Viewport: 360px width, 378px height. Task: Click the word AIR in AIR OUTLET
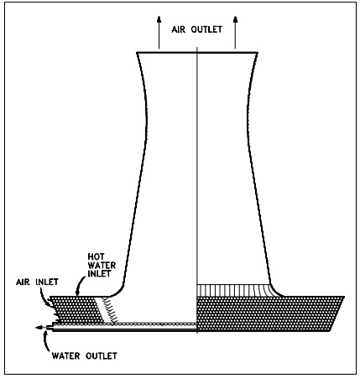point(179,29)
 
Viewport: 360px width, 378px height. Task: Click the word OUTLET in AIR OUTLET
point(206,29)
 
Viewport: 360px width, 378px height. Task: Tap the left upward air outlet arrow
point(159,32)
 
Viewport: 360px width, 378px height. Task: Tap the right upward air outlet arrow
point(235,32)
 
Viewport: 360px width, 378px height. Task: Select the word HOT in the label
point(96,256)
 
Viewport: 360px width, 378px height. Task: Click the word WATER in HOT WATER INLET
point(102,265)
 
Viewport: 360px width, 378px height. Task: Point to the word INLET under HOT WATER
point(99,273)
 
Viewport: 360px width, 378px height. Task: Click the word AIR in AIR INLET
point(23,282)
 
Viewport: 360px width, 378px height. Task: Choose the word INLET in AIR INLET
point(47,282)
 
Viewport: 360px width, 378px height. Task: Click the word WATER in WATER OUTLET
point(66,356)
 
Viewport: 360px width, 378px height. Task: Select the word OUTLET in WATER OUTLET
point(102,356)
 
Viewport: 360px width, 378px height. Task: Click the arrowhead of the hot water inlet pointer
point(77,293)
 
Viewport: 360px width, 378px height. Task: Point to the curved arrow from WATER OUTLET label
point(46,340)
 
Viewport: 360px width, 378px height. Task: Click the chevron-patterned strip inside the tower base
point(109,311)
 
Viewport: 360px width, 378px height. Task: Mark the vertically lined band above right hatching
point(235,290)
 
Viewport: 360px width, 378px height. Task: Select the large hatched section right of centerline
point(269,313)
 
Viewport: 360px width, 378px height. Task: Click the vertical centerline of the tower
point(197,190)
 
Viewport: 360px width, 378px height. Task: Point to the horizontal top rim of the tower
point(197,52)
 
